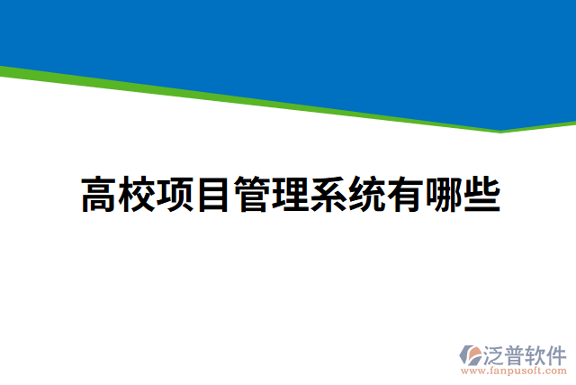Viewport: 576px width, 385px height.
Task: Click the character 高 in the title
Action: pyautogui.click(x=99, y=195)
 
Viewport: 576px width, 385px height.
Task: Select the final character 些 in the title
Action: pyautogui.click(x=481, y=195)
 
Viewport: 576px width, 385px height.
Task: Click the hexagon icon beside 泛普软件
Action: pyautogui.click(x=472, y=353)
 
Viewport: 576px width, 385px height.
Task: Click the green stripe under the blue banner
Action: pyautogui.click(x=270, y=109)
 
